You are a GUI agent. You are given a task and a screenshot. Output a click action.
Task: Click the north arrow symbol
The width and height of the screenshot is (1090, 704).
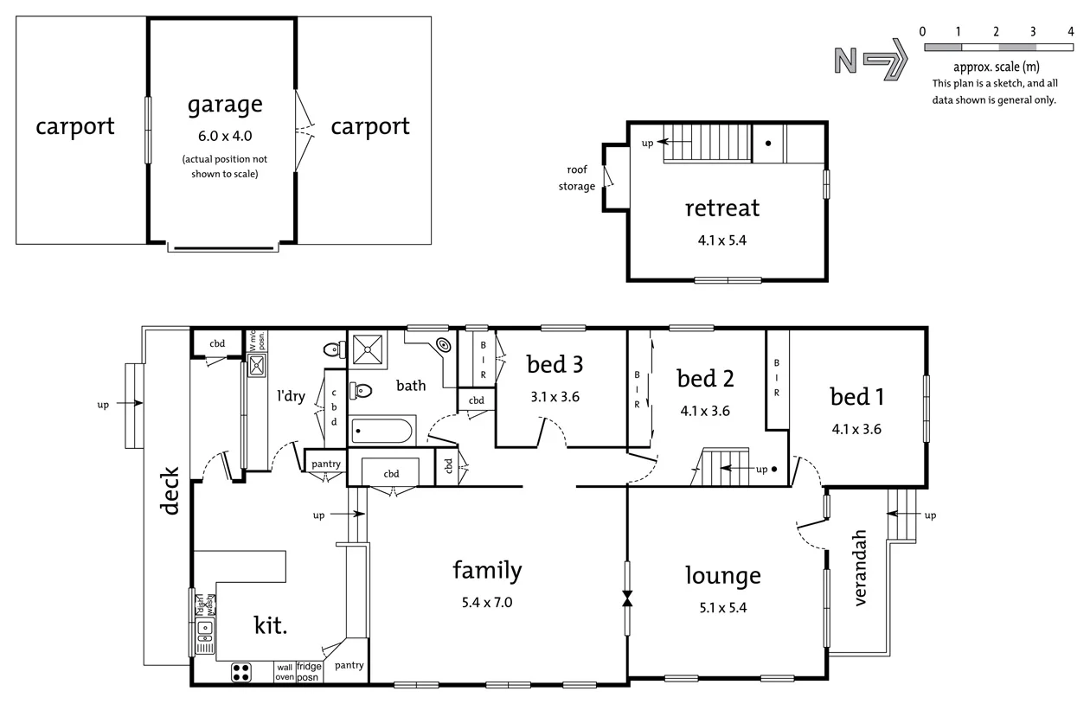(x=869, y=60)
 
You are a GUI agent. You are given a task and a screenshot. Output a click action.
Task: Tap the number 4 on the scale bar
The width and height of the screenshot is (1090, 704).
(x=1071, y=32)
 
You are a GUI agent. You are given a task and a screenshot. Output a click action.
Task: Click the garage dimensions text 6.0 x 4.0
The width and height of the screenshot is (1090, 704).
(x=224, y=136)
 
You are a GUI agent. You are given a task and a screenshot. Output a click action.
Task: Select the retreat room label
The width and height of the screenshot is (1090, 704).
(x=722, y=208)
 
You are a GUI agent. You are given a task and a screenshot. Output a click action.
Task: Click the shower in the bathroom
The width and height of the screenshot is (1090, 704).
(x=370, y=349)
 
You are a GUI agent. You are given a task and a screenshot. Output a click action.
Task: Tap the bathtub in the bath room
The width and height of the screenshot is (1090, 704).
(x=383, y=431)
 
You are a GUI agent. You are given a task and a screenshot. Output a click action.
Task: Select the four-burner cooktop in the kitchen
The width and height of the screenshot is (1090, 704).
(x=241, y=672)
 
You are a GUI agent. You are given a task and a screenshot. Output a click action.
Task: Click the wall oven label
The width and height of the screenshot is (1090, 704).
(x=285, y=672)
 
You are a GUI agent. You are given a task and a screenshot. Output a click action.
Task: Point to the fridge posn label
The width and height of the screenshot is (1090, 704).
(x=309, y=672)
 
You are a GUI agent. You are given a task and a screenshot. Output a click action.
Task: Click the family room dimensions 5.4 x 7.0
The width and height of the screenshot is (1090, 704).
(x=487, y=603)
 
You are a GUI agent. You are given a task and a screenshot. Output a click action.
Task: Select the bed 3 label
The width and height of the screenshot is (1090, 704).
(x=555, y=364)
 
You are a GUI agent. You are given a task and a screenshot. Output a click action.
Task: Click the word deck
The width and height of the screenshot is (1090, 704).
(x=170, y=491)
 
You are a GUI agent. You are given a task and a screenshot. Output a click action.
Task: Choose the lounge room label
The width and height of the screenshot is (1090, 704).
(x=722, y=575)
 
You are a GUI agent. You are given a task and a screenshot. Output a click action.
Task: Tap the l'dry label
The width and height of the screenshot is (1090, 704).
(x=291, y=396)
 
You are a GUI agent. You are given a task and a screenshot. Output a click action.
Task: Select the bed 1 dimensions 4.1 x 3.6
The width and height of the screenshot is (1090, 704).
(x=856, y=428)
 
